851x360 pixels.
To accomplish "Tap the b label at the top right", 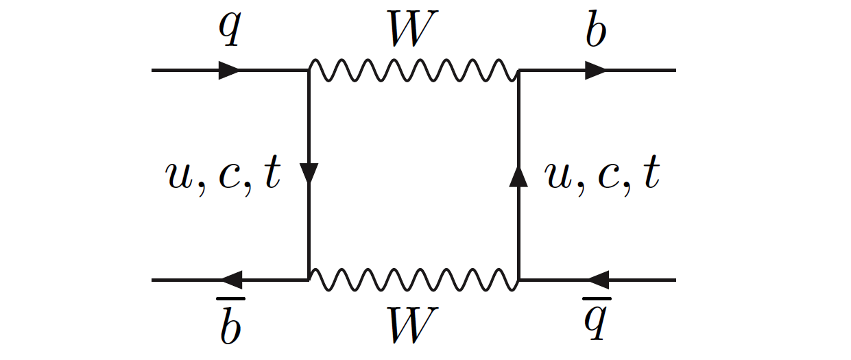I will point(596,30).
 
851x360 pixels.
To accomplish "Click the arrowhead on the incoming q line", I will point(229,70).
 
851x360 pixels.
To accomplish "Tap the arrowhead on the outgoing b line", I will point(595,70).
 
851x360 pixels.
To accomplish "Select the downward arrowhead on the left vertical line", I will point(309,174).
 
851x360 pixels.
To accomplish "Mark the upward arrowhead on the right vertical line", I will point(519,176).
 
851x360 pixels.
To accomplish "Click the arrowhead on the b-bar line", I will point(230,280).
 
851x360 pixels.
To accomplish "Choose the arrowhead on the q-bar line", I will point(597,280).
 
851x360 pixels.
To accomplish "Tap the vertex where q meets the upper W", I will point(309,70).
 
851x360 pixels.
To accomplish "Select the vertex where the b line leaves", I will point(519,70).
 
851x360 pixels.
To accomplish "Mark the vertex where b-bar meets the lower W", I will point(309,280).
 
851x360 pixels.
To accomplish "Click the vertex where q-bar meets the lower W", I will point(519,280).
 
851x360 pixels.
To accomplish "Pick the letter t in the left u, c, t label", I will point(272,176).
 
